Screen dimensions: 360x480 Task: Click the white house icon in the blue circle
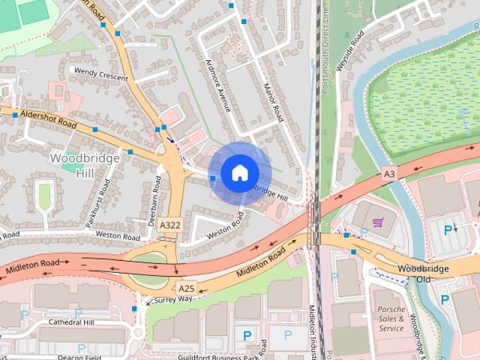click(239, 172)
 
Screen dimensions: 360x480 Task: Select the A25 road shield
click(186, 288)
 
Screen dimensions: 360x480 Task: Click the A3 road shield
click(388, 173)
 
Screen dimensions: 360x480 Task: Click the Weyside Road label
click(349, 50)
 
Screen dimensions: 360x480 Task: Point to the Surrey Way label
click(173, 299)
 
